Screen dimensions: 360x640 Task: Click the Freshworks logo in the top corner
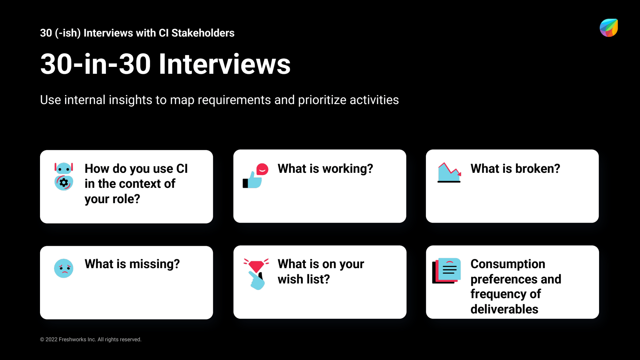609,28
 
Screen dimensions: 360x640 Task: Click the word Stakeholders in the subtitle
203,33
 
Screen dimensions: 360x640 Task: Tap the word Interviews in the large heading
224,64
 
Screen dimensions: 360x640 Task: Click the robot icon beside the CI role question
64,176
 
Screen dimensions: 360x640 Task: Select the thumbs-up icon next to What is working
255,176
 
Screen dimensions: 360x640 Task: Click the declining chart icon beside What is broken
449,172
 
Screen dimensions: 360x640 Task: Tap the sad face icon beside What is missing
64,268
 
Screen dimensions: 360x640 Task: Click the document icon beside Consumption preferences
447,271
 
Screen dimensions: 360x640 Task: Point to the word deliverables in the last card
504,309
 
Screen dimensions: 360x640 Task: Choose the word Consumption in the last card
508,264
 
